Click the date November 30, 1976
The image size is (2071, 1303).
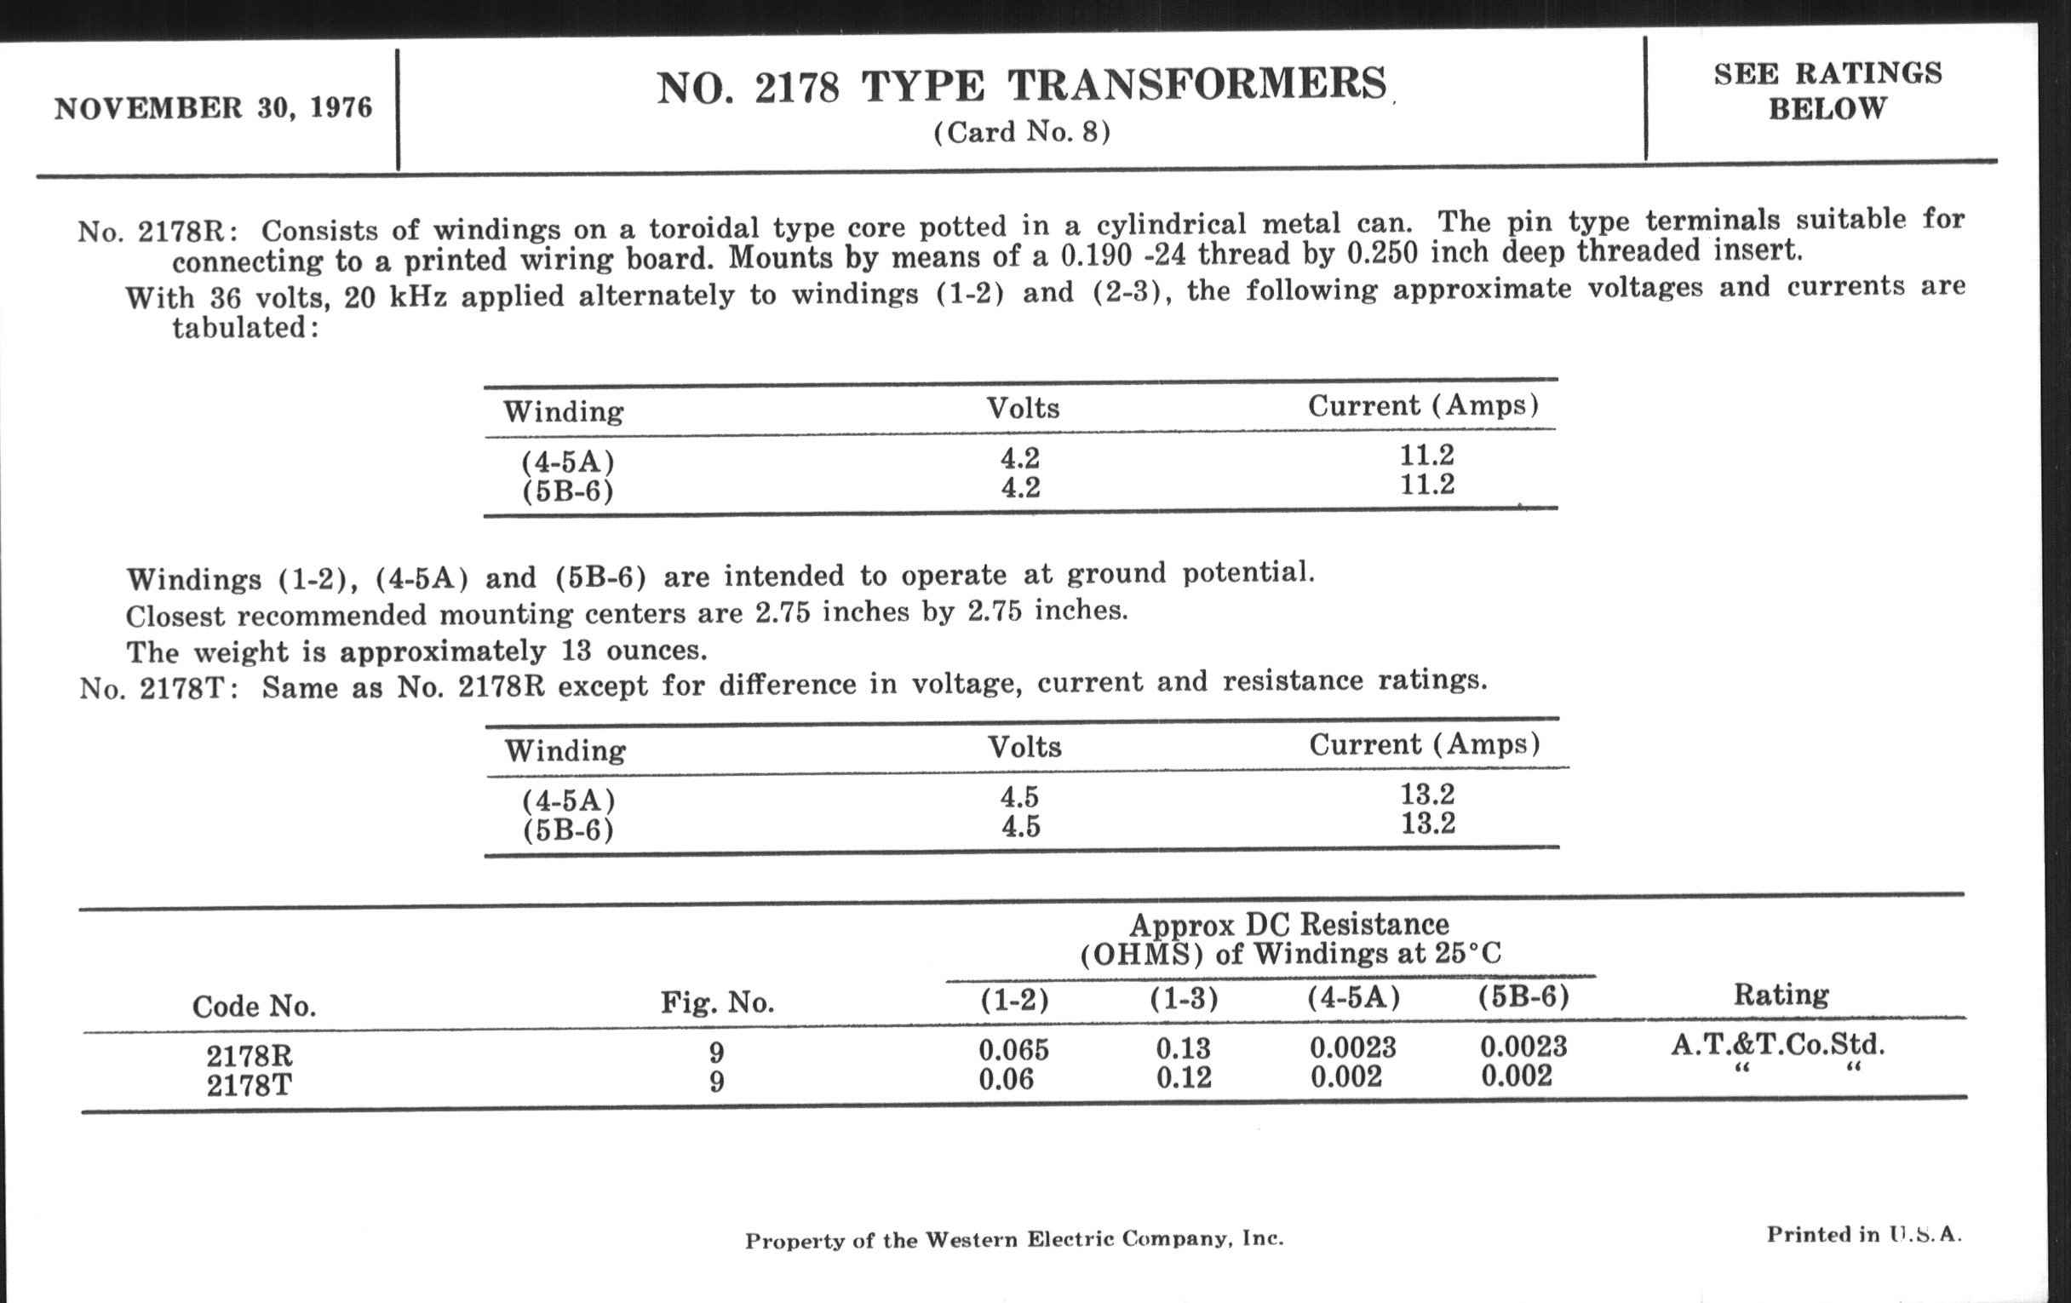click(212, 108)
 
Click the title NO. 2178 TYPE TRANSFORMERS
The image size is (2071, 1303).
click(1022, 86)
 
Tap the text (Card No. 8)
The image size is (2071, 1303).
click(1022, 132)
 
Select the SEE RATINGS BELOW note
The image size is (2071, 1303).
click(1827, 90)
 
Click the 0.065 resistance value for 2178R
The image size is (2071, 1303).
click(1013, 1049)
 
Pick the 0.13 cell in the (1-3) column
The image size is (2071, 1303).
click(1183, 1048)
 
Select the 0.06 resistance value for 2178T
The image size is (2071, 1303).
click(1006, 1078)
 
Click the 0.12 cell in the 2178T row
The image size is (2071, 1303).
click(1183, 1077)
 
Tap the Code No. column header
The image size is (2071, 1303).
click(254, 1006)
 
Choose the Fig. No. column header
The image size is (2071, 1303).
click(716, 1002)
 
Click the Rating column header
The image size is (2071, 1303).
click(1781, 995)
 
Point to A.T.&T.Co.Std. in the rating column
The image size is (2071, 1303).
click(1778, 1045)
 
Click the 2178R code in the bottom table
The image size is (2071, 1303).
click(250, 1055)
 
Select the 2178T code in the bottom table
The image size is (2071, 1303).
click(250, 1084)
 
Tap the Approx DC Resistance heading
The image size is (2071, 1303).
click(1288, 925)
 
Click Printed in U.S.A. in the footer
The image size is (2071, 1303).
click(1864, 1234)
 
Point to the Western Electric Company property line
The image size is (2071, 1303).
click(1013, 1239)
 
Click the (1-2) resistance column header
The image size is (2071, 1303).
click(1014, 998)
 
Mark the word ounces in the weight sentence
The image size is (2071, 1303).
click(657, 650)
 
